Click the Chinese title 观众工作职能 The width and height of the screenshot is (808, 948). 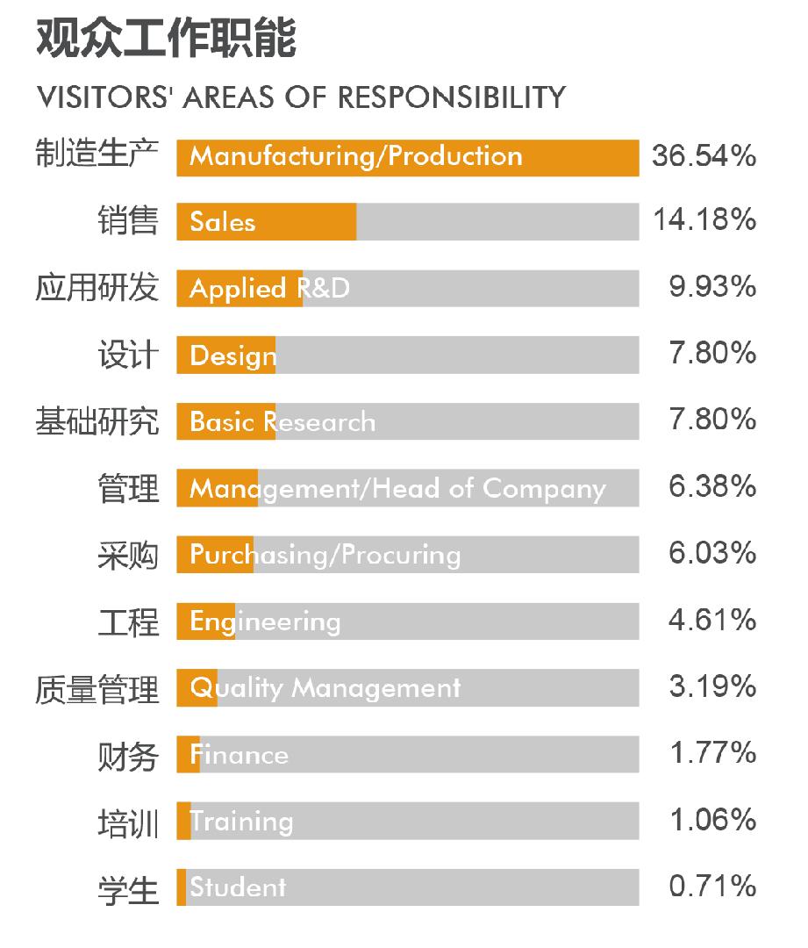166,39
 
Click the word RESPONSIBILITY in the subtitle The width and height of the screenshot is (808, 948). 451,97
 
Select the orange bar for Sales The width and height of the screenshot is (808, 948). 267,222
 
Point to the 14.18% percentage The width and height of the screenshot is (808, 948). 704,220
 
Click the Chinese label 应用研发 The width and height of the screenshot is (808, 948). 97,288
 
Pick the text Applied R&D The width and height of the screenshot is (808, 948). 269,289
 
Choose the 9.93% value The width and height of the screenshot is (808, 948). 711,287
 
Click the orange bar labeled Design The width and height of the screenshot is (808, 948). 226,355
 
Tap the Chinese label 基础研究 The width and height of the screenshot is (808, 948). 97,421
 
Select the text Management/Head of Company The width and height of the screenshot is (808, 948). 397,489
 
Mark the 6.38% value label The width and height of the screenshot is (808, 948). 711,487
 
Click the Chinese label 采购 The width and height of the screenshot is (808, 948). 128,556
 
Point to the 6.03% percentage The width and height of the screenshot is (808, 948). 711,553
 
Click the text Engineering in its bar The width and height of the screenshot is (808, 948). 265,622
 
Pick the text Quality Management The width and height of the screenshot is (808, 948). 325,688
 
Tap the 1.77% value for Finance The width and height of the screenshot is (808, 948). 711,753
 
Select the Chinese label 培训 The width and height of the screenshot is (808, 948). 128,823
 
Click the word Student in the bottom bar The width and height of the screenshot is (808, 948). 238,887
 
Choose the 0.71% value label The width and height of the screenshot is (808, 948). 711,887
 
